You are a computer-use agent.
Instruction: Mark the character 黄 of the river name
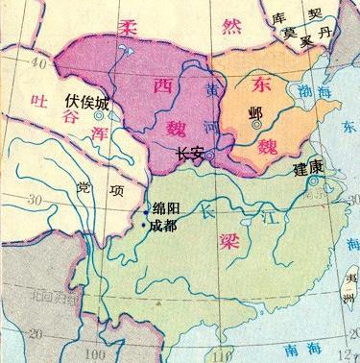[212, 89]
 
